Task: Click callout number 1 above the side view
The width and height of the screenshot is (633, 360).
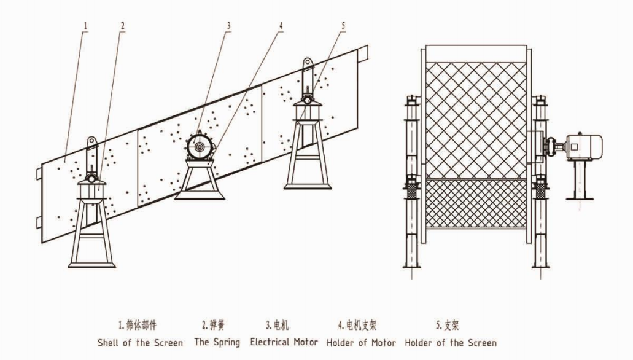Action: pos(85,26)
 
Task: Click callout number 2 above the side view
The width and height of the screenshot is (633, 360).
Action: pos(123,26)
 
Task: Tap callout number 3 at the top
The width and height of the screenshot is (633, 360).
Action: pos(228,26)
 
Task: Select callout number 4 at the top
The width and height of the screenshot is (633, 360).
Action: pos(281,26)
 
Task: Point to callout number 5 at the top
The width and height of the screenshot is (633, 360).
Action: pos(343,26)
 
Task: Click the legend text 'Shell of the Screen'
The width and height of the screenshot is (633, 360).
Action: pos(140,343)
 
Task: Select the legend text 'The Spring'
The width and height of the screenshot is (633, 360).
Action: pos(217,343)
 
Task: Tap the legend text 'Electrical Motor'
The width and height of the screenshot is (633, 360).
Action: pos(284,342)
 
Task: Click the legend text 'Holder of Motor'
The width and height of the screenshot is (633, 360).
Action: pos(361,343)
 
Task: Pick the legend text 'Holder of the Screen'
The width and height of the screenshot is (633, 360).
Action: pos(451,343)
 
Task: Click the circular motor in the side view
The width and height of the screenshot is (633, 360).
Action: pos(199,146)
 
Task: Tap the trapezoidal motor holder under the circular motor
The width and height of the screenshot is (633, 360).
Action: pos(200,179)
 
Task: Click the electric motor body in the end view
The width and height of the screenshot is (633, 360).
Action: pos(584,146)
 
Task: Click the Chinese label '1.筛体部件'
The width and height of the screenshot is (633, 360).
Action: pos(138,324)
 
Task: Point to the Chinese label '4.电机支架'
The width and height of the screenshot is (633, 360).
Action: pos(357,324)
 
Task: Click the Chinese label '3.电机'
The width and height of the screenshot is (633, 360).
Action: pos(278,324)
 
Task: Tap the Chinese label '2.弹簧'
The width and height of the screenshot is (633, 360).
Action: pos(213,324)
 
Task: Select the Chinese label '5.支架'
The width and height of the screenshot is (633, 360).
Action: pos(448,324)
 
